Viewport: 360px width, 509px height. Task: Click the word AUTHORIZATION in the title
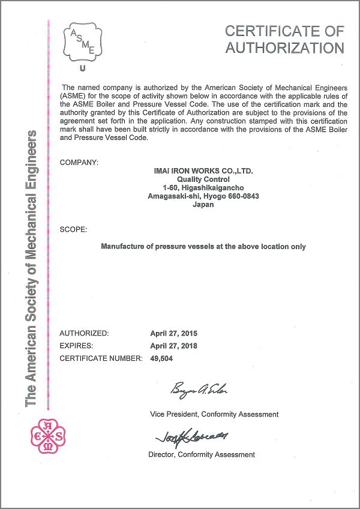tap(285, 48)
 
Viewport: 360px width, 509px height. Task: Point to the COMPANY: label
tap(79, 163)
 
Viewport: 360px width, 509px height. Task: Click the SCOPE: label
tap(74, 230)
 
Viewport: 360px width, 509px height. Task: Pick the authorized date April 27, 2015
tap(173, 333)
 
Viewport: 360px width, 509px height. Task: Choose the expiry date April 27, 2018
tap(173, 346)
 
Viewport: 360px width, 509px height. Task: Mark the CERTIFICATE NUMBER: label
tap(101, 358)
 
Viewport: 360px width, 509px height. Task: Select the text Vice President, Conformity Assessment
tap(214, 414)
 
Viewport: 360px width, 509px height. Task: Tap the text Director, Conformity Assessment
tap(202, 454)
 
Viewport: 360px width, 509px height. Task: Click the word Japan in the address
tap(203, 205)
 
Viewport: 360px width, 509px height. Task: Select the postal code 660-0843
tap(243, 196)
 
